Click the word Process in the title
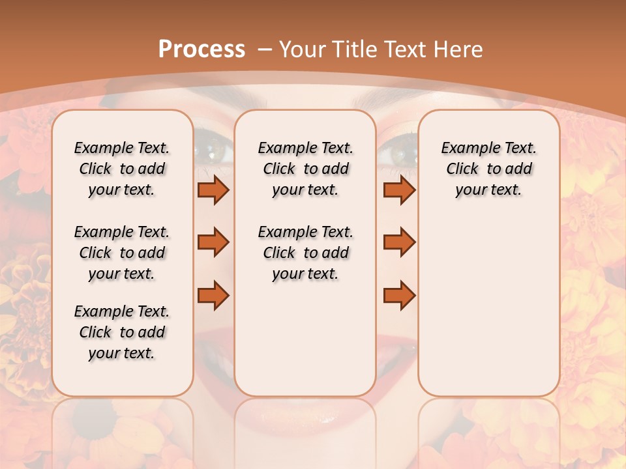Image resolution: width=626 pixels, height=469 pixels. pos(201,49)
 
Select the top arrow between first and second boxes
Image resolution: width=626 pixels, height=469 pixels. pos(213,190)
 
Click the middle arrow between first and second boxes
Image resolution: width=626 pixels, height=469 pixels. pos(213,242)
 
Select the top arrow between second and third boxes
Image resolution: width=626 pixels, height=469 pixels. pos(399,190)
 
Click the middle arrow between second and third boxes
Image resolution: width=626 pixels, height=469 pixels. pos(399,242)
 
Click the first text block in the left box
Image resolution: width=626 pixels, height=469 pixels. pos(122,169)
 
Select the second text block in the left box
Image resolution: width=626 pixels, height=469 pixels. pos(122,253)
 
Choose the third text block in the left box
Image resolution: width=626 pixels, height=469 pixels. pos(122,332)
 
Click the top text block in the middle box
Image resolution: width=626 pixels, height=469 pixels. pos(305,169)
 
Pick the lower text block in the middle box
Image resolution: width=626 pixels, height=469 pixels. pos(305,253)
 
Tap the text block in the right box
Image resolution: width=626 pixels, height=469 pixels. pos(488,169)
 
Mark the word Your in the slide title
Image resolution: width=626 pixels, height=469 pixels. pos(303,49)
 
